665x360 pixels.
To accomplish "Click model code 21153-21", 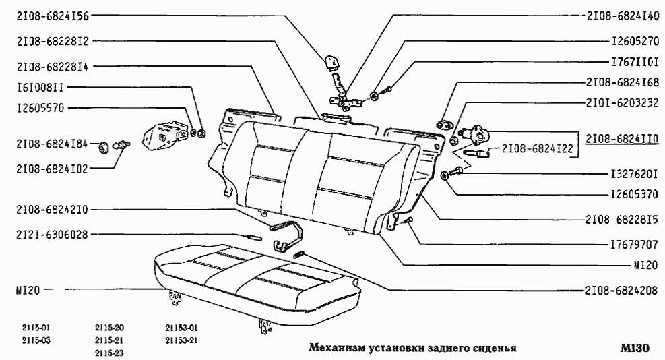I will coord(181,340).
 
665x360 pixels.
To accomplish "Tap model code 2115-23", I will coord(110,353).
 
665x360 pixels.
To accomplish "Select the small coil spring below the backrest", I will coord(301,254).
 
